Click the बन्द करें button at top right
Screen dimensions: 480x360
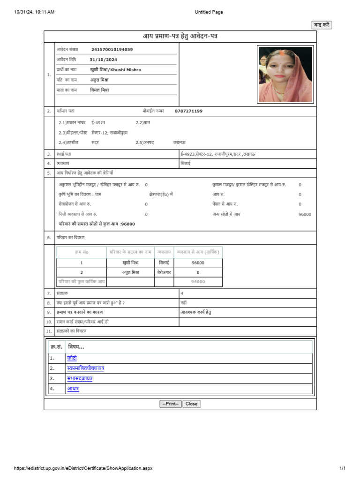pos(322,25)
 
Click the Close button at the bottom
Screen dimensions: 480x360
pos(191,404)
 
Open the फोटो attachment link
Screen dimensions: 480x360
pos(72,358)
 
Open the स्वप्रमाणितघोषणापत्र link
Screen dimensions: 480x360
pos(85,368)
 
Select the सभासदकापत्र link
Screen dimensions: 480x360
pos(80,378)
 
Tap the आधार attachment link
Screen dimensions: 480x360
pos(73,389)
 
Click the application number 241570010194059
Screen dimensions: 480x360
pos(112,49)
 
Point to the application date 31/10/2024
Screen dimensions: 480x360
pos(103,60)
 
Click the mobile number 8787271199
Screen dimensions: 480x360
pos(188,111)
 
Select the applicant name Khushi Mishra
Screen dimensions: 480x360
pos(115,70)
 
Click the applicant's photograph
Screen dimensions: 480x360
pos(285,74)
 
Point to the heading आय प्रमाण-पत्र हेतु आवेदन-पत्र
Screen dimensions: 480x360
pos(180,36)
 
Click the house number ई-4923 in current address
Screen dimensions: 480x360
pos(98,122)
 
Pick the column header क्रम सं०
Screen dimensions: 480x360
pos(81,252)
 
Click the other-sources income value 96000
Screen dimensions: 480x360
pos(305,214)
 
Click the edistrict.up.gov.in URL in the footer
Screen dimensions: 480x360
pos(83,468)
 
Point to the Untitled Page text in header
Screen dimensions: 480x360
pos(209,12)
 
